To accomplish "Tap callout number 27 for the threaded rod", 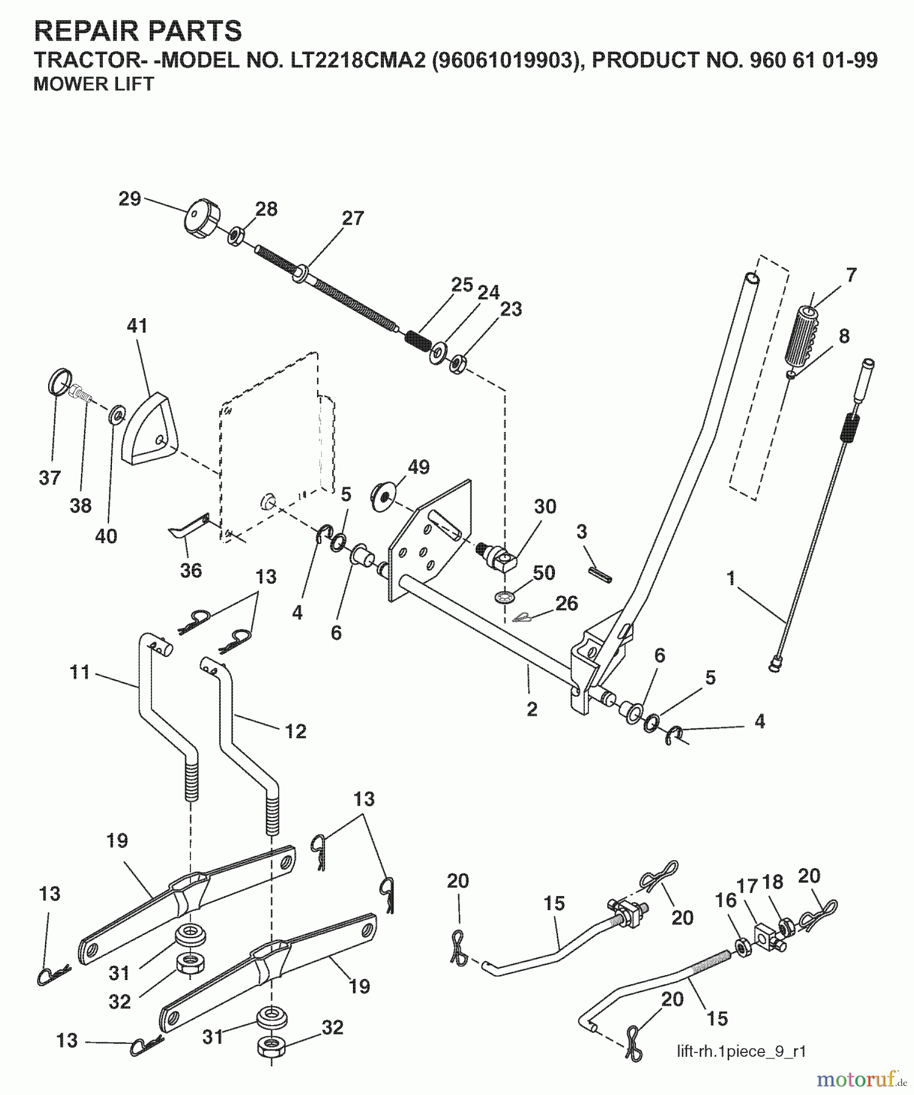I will click(353, 218).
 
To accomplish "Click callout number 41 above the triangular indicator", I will click(137, 326).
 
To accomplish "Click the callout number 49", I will click(418, 467).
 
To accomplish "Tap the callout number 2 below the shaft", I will click(532, 709).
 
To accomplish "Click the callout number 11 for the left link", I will click(80, 672).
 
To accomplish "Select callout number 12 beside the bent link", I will click(296, 731).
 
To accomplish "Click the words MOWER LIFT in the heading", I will click(94, 84).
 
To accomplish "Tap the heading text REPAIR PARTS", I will click(138, 30).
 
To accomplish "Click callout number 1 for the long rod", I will click(731, 578).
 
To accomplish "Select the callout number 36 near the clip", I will click(190, 570).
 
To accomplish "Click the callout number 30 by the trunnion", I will click(545, 506).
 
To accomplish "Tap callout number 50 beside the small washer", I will click(543, 572).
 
